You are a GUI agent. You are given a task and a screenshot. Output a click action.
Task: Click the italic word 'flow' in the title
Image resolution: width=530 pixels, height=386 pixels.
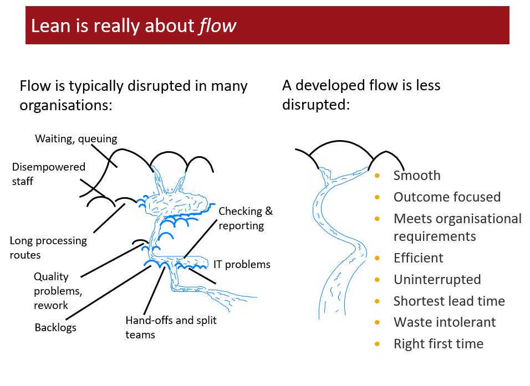coord(217,26)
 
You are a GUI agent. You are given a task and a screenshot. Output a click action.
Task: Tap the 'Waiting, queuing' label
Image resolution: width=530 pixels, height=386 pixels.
coord(76,138)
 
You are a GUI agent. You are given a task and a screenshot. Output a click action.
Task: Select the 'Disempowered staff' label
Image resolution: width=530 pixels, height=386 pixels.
coord(49,174)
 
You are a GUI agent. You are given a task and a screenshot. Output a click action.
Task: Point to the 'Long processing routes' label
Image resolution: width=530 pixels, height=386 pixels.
coord(48,248)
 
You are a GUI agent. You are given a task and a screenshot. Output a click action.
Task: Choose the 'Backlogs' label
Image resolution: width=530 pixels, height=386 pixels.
coord(55,327)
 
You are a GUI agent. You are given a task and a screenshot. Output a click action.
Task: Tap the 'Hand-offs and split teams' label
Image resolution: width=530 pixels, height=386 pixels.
coord(171,327)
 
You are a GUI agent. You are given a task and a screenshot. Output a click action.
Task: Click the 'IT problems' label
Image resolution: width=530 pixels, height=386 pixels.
coord(242,264)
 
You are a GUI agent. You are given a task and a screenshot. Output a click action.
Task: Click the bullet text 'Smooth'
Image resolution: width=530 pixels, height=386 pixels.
coord(417,176)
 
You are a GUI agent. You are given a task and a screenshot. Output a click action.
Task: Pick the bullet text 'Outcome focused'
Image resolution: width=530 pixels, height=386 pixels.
coord(447,197)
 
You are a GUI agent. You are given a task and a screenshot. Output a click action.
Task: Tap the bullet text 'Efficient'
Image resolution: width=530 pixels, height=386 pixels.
coord(418,258)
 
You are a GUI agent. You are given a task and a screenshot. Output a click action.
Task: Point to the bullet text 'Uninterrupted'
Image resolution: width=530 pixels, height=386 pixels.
coord(437,280)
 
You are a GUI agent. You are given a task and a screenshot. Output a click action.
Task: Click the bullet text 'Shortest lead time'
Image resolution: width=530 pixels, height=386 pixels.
coord(449,301)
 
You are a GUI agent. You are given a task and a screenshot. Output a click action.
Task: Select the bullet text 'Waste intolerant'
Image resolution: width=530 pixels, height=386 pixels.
coord(445,322)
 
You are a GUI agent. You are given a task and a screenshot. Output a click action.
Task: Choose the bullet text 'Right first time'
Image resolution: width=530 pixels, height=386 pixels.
coord(438,344)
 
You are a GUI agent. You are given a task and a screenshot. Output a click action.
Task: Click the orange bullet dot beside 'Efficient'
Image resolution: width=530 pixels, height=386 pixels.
coord(378,258)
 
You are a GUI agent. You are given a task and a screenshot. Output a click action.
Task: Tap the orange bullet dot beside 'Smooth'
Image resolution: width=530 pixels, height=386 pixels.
coord(378,176)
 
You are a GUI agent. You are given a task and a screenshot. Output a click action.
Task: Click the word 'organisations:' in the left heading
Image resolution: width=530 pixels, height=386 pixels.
coord(65,105)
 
